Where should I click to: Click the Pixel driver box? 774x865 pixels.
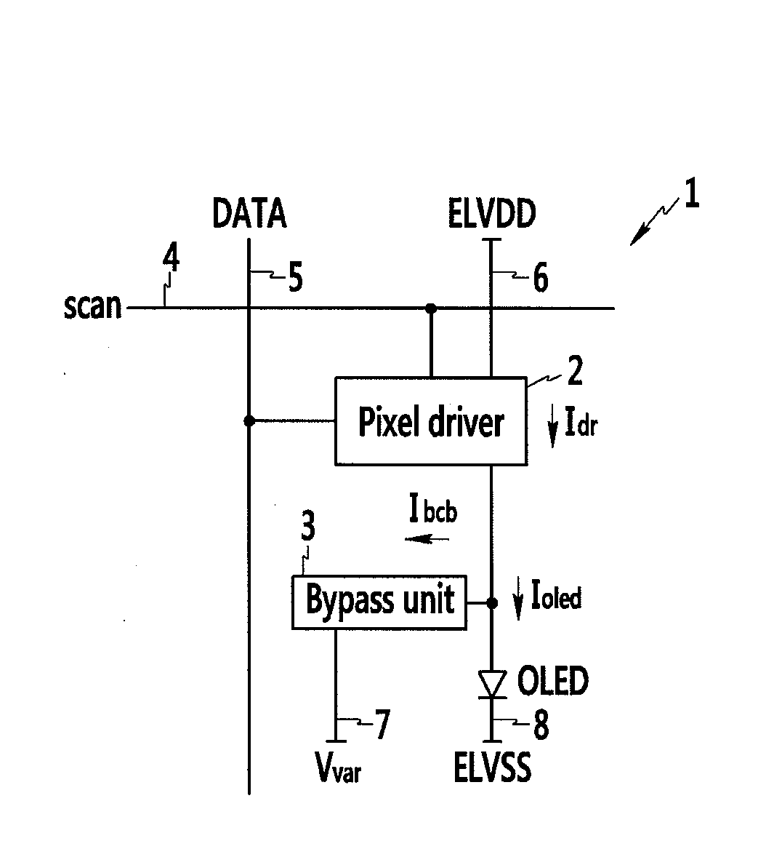430,421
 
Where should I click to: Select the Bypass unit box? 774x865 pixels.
379,602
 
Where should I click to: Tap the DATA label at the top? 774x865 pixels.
249,214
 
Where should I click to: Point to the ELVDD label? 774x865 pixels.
492,214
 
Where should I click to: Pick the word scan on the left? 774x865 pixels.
92,306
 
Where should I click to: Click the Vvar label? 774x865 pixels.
337,767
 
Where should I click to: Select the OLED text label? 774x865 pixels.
552,682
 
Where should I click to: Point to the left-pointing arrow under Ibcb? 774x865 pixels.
427,539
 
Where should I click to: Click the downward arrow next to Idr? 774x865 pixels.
552,427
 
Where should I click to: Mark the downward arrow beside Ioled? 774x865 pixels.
517,599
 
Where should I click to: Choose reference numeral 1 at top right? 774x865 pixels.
691,196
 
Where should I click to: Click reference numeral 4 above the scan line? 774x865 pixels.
171,260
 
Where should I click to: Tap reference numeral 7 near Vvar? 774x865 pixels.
381,725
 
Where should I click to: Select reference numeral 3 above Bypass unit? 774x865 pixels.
308,526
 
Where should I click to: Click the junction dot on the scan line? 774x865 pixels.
431,308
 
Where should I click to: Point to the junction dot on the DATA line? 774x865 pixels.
249,420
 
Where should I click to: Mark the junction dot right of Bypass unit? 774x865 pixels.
492,602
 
